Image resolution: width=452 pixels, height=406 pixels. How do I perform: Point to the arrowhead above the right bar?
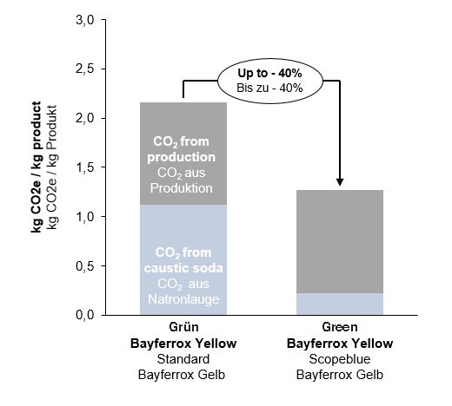tap(340, 183)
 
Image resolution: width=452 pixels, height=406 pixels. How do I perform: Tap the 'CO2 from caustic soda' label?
tap(183, 261)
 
